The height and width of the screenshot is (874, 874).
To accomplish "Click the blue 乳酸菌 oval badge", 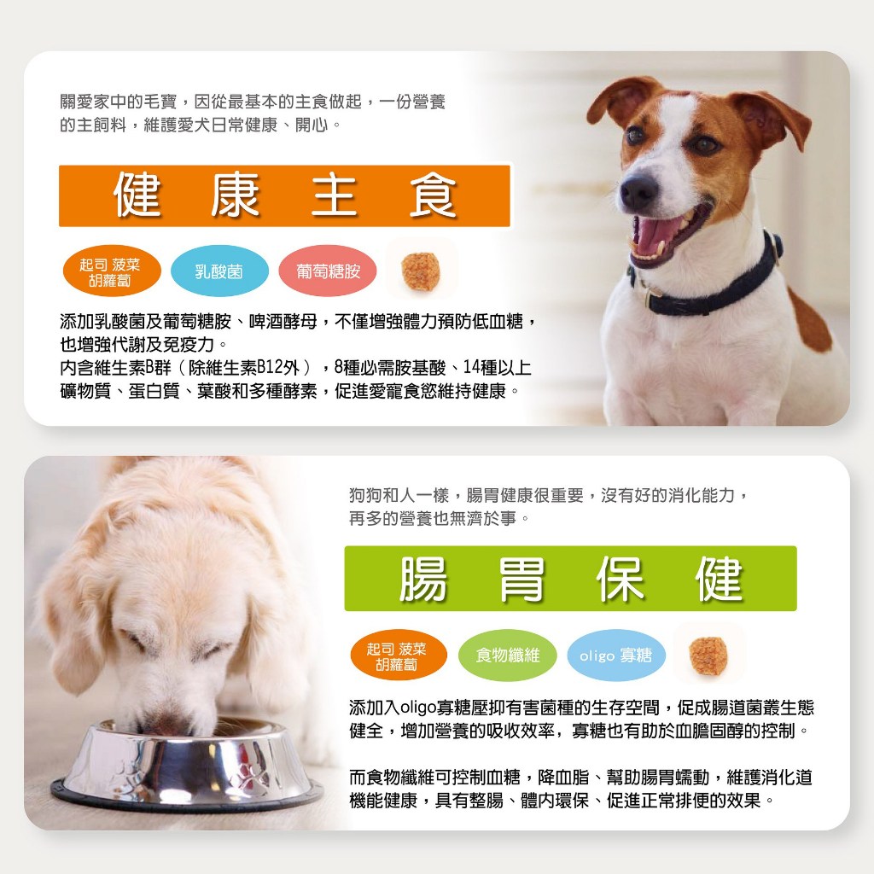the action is tap(219, 271).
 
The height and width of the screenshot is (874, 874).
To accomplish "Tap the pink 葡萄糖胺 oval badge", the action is tap(328, 271).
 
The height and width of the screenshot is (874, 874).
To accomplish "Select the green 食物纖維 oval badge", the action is tap(507, 655).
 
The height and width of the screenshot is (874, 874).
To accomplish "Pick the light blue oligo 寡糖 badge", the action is tap(616, 655).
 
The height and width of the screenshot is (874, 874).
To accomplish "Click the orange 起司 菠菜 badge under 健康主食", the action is tap(110, 271).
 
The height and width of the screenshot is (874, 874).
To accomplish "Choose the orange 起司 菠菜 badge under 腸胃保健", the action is tap(398, 655).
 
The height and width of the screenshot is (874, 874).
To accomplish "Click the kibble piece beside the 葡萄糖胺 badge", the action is tap(421, 271).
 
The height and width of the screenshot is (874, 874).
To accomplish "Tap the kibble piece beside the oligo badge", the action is tap(708, 655).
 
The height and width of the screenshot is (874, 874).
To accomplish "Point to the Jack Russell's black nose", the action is tap(638, 191).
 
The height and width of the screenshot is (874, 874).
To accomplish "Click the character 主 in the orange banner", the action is tap(334, 195).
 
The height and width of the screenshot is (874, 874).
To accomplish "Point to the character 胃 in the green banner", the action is tap(521, 580).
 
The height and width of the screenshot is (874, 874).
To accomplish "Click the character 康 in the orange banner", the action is tap(236, 195).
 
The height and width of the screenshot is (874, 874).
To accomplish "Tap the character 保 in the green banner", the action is tap(620, 580).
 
